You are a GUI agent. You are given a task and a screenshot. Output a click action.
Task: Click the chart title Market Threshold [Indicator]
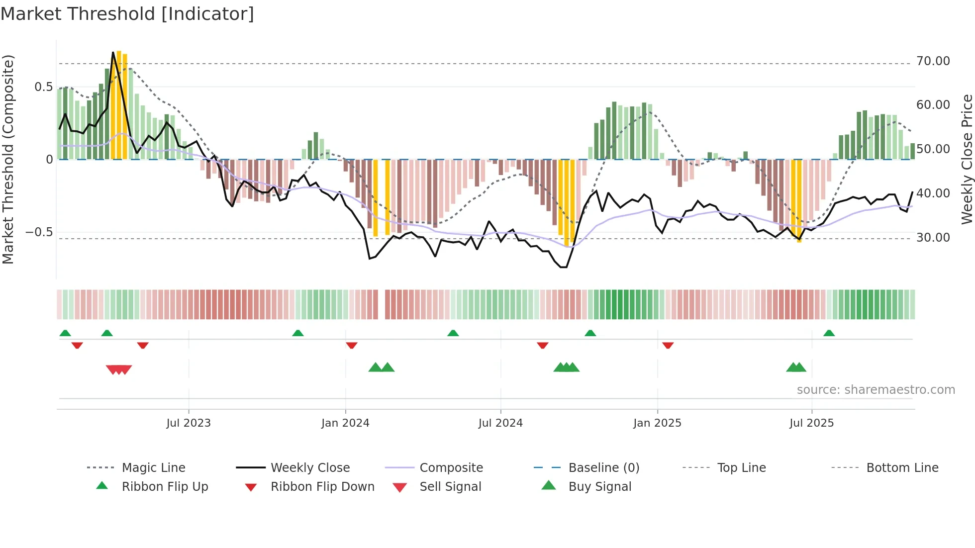pyautogui.click(x=127, y=14)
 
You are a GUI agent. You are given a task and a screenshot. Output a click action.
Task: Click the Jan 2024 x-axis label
pyautogui.click(x=345, y=423)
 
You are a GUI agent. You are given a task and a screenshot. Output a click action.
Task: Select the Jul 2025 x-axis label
pyautogui.click(x=811, y=423)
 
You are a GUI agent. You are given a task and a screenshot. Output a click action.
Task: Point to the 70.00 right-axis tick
pyautogui.click(x=933, y=61)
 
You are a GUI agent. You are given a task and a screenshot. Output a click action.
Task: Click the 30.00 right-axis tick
pyautogui.click(x=933, y=238)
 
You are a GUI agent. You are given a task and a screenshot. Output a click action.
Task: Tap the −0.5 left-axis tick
pyautogui.click(x=39, y=232)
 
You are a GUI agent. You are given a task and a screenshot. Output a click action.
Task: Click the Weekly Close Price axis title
pyautogui.click(x=967, y=159)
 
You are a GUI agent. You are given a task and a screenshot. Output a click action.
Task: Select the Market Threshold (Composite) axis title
pyautogui.click(x=8, y=159)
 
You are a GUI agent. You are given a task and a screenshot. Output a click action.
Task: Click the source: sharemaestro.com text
pyautogui.click(x=876, y=390)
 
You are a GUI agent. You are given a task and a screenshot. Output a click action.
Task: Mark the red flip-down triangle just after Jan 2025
pyautogui.click(x=668, y=345)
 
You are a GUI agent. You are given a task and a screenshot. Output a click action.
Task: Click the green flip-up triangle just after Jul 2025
pyautogui.click(x=829, y=333)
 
